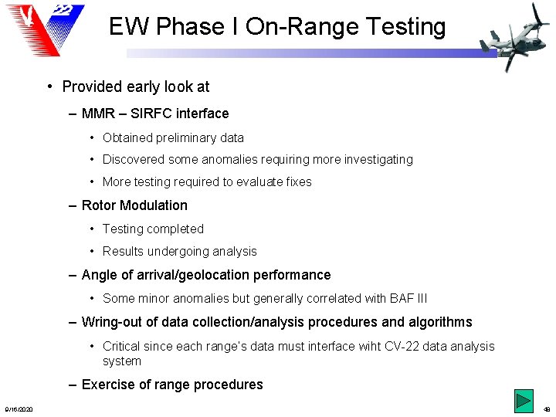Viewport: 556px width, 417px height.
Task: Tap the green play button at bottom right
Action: tap(524, 402)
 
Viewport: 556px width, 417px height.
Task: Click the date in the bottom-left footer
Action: tap(19, 409)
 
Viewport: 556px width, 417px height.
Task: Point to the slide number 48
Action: tap(547, 409)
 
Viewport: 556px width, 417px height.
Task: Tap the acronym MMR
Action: tap(97, 114)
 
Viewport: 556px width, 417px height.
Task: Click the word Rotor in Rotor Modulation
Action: tap(99, 205)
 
